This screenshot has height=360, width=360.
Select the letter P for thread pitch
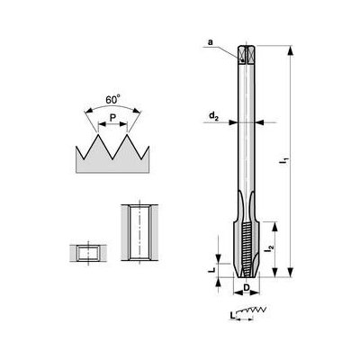tap(110, 117)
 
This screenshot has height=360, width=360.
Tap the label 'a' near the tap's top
tap(209, 41)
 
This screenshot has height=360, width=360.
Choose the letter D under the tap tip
tap(247, 288)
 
